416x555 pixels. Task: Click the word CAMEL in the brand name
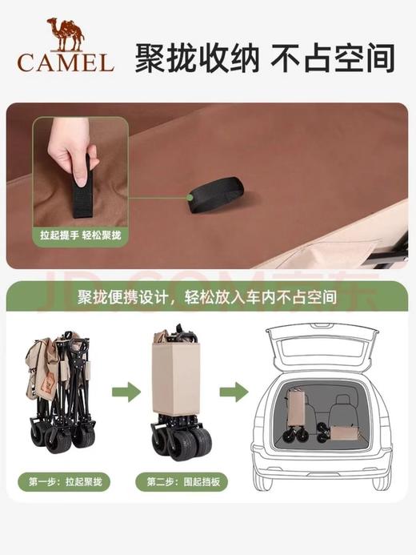(x=64, y=62)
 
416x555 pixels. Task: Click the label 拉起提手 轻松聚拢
(x=79, y=237)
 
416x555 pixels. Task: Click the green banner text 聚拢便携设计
(x=121, y=297)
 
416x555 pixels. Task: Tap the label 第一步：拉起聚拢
(x=69, y=482)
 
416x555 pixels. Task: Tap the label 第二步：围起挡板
(x=183, y=482)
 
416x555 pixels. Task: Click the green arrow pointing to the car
(x=233, y=392)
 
